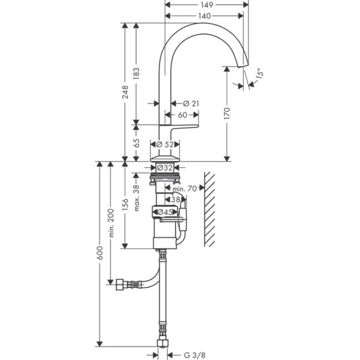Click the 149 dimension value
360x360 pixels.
(207, 5)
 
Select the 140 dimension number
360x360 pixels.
(204, 16)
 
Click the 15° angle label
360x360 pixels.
(260, 74)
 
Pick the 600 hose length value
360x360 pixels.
(100, 253)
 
